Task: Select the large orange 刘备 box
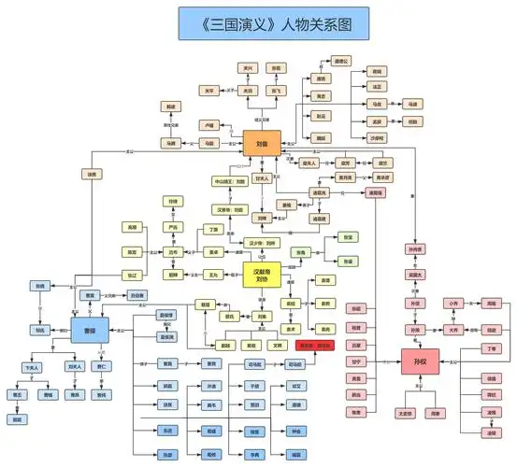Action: [263, 143]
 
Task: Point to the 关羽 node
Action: [248, 91]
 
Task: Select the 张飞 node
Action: [276, 91]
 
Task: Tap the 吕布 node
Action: [172, 251]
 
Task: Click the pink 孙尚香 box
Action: [414, 249]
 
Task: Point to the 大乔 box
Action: [453, 329]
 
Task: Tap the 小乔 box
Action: [453, 304]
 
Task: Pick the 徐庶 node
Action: [91, 174]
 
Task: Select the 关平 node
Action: [209, 91]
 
